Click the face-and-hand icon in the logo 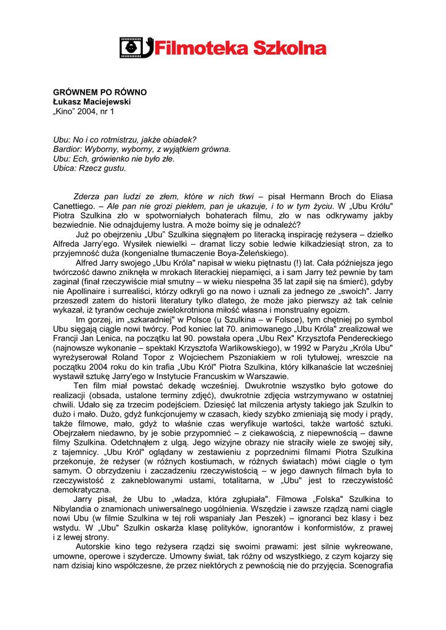(135, 47)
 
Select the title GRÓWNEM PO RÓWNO (100, 92)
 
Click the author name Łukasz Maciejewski (92, 102)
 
